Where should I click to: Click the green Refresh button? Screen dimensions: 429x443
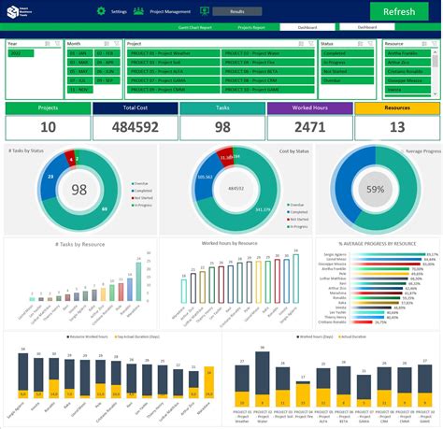coord(393,11)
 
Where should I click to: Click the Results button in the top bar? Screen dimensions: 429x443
coord(237,11)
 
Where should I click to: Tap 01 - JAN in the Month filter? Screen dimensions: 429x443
coord(79,54)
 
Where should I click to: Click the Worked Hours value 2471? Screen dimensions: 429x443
coord(308,128)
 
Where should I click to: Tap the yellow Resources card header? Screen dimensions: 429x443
coord(396,108)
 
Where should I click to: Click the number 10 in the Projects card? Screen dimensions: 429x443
coord(47,128)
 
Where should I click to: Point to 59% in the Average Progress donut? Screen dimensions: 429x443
coord(375,190)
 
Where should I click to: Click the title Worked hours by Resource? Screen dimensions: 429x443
coord(230,243)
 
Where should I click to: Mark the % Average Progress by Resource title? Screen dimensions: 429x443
coord(379,243)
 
